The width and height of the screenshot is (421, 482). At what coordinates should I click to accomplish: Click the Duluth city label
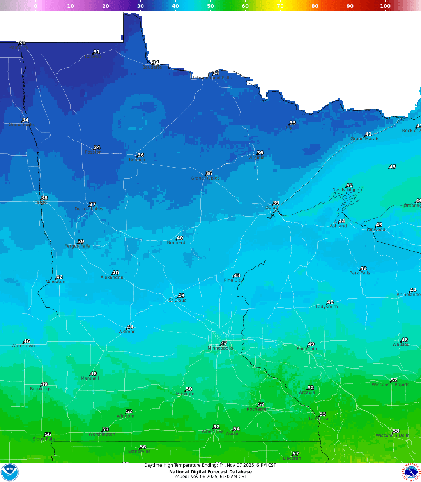(272, 208)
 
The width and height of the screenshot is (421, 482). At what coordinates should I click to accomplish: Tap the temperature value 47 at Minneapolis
(224, 344)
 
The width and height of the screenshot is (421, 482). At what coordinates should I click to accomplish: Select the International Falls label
(212, 78)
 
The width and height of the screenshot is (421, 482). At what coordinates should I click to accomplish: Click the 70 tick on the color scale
(280, 6)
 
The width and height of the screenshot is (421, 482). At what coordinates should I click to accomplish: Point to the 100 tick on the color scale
(385, 6)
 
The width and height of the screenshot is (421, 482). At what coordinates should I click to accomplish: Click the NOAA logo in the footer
(10, 472)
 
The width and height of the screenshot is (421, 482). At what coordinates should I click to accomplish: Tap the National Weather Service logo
(411, 472)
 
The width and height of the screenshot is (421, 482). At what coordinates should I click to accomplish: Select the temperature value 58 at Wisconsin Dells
(396, 431)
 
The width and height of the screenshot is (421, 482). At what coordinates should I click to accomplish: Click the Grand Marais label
(364, 139)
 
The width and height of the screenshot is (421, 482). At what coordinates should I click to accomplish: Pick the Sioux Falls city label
(44, 439)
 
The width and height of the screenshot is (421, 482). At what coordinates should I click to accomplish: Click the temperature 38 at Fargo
(44, 198)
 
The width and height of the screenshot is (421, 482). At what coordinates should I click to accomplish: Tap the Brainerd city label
(176, 243)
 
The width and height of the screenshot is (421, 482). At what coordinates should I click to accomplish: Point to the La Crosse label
(319, 419)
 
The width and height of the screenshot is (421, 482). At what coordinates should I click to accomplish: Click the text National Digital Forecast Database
(210, 472)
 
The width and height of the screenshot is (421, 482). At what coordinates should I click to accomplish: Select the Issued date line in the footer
(210, 477)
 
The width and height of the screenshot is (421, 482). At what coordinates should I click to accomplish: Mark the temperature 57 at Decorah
(296, 454)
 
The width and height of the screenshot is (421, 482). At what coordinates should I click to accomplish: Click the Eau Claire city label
(308, 349)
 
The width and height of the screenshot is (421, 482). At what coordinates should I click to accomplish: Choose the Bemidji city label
(137, 160)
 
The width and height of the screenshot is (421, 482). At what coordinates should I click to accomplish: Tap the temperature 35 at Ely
(293, 123)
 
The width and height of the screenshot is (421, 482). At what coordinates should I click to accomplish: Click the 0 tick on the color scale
(35, 6)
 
